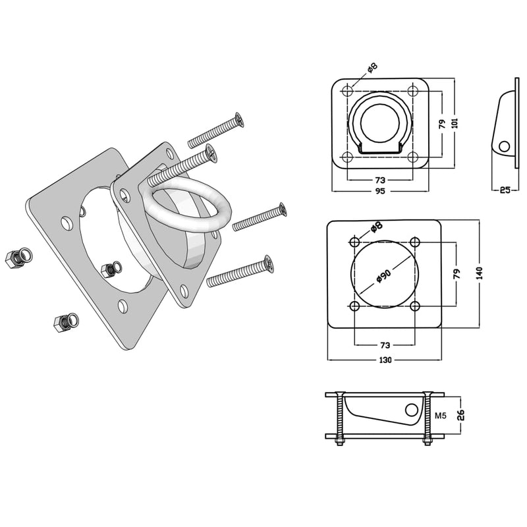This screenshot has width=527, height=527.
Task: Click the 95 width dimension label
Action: [x=380, y=192]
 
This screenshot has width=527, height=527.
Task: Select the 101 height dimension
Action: [x=455, y=123]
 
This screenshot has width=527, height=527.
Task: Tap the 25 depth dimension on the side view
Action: [x=505, y=190]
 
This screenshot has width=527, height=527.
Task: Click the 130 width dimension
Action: [x=385, y=360]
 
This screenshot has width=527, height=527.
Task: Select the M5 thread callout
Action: [x=441, y=416]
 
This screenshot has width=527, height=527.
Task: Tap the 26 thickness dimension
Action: [x=460, y=415]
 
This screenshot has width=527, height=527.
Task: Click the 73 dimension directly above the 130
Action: [x=385, y=345]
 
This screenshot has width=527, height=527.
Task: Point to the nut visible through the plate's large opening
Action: [x=109, y=269]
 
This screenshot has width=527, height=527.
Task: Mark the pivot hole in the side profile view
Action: [x=504, y=146]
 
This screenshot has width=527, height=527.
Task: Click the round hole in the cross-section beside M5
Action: [x=412, y=410]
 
